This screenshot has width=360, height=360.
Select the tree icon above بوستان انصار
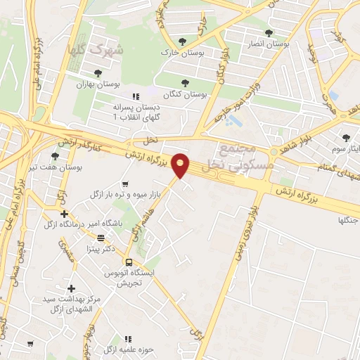[269, 32]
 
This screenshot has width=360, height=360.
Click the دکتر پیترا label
[100, 248]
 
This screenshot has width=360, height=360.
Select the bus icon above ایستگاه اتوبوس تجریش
[129, 262]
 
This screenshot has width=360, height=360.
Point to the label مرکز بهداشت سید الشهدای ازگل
[70, 304]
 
